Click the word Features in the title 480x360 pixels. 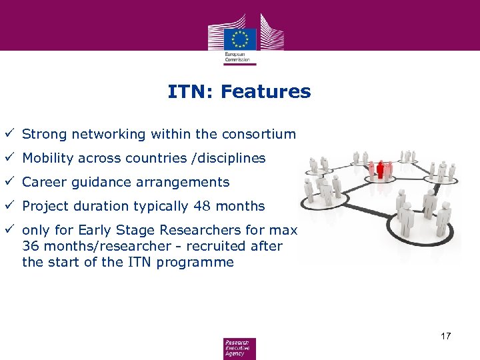(x=265, y=91)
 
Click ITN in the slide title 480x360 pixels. (x=189, y=91)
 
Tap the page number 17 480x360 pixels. (x=446, y=335)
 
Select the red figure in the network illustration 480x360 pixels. (x=381, y=170)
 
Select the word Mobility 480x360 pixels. (x=49, y=158)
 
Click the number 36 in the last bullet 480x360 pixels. (x=30, y=246)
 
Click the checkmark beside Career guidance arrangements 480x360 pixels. (x=9, y=181)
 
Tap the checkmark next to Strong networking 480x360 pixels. (x=9, y=133)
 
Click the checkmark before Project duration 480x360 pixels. (x=9, y=205)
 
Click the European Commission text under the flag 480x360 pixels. (x=239, y=57)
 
